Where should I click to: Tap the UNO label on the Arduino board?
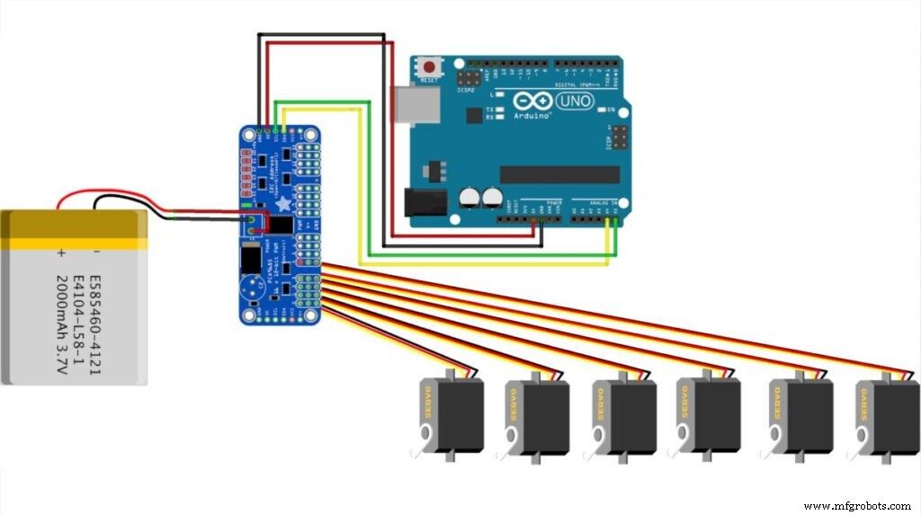pyautogui.click(x=575, y=101)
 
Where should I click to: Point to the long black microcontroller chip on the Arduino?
pyautogui.click(x=550, y=173)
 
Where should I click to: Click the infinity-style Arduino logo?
pyautogui.click(x=532, y=102)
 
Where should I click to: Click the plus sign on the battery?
pyautogui.click(x=61, y=253)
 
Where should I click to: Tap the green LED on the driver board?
pyautogui.click(x=246, y=206)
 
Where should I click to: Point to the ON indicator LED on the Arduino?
pyautogui.click(x=602, y=110)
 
